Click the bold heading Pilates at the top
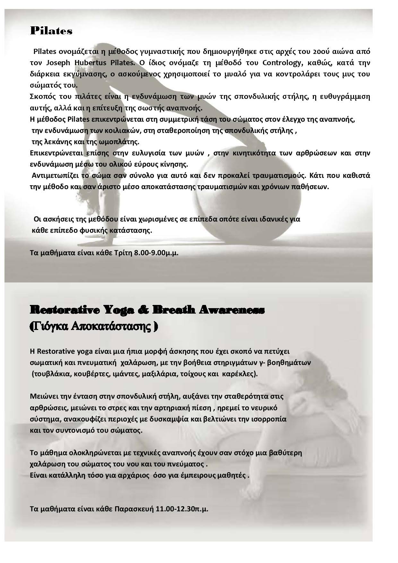tap(51, 31)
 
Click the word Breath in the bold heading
tap(175, 310)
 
